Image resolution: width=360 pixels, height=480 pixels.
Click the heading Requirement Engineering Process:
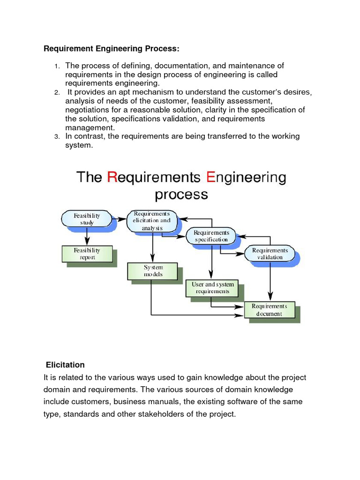pyautogui.click(x=112, y=49)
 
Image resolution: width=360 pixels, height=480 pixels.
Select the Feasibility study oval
pyautogui.click(x=87, y=219)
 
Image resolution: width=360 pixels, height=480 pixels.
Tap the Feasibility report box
pyautogui.click(x=87, y=254)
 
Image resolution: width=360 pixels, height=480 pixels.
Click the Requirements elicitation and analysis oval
pyautogui.click(x=152, y=221)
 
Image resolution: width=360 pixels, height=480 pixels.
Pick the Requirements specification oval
pyautogui.click(x=211, y=236)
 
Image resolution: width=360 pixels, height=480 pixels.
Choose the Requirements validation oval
pyautogui.click(x=270, y=254)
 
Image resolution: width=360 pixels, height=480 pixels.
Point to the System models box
pyautogui.click(x=153, y=270)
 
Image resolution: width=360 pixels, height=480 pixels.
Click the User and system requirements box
pyautogui.click(x=212, y=287)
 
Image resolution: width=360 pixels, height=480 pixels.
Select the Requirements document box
pyautogui.click(x=269, y=310)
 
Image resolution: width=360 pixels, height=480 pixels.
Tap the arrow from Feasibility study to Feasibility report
pyautogui.click(x=87, y=236)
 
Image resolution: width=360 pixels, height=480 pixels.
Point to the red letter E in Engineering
pyautogui.click(x=211, y=178)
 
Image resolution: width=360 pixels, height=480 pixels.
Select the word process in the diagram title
pyautogui.click(x=181, y=194)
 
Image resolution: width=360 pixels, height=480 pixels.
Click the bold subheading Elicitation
pyautogui.click(x=65, y=365)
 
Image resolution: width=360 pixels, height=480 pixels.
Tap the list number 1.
pyautogui.click(x=56, y=66)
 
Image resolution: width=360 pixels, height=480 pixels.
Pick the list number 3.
pyautogui.click(x=56, y=137)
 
